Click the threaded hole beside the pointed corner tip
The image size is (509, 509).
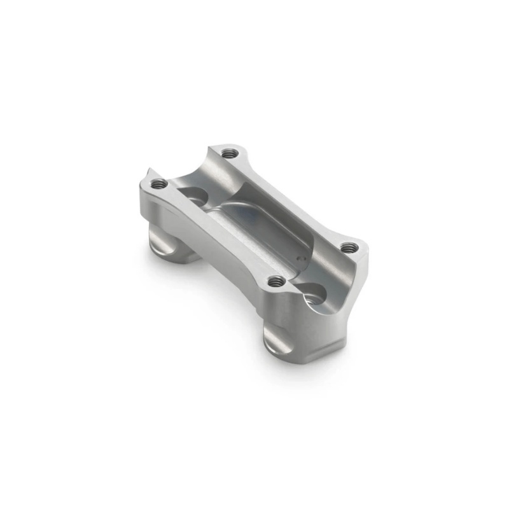(159, 184)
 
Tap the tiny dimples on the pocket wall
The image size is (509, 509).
(300, 260)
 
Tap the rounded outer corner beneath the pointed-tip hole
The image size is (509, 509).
(143, 204)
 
